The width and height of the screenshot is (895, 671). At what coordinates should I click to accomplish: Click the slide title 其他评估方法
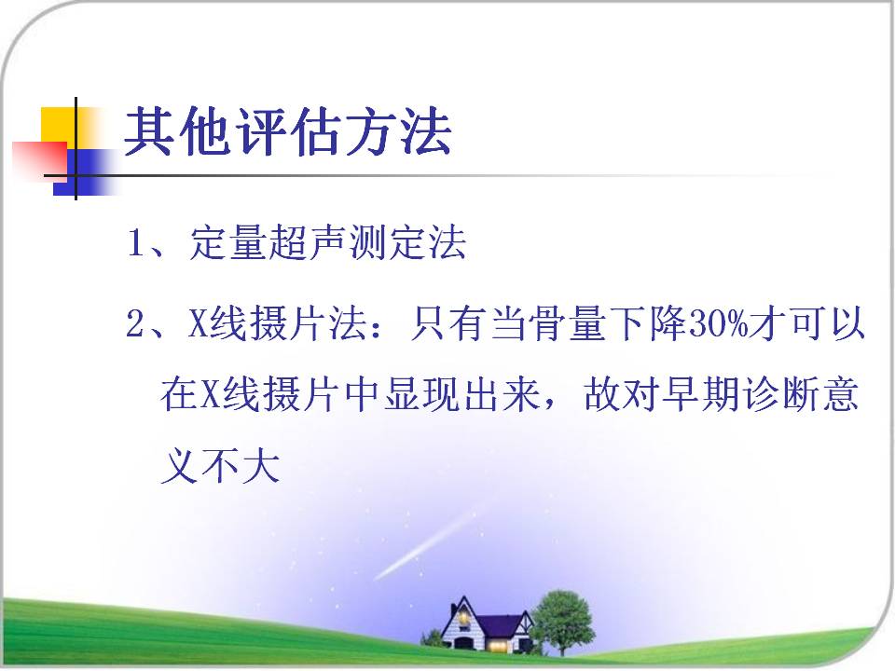pyautogui.click(x=288, y=131)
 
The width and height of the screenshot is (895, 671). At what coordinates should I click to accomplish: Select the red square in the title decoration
pyautogui.click(x=39, y=159)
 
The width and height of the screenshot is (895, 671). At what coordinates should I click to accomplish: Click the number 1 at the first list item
pyautogui.click(x=136, y=242)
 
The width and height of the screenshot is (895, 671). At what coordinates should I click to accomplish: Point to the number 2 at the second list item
pyautogui.click(x=136, y=323)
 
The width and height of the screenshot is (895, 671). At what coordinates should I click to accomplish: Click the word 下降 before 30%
pyautogui.click(x=648, y=323)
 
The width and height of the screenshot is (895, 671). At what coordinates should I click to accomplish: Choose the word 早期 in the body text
pyautogui.click(x=701, y=393)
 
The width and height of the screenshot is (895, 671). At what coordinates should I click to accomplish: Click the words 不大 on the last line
pyautogui.click(x=241, y=466)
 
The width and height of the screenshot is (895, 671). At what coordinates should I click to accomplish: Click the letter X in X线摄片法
pyautogui.click(x=198, y=323)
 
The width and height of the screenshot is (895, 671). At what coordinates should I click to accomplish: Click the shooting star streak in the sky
pyautogui.click(x=426, y=546)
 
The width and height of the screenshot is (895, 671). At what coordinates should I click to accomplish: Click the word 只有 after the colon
pyautogui.click(x=448, y=323)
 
